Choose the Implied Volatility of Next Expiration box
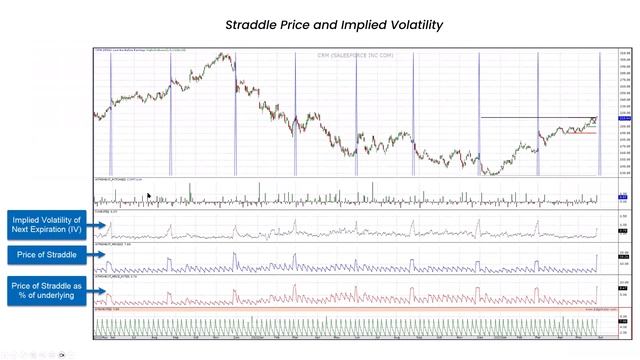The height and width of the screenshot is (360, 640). pyautogui.click(x=47, y=224)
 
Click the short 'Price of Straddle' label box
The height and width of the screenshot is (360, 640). pyautogui.click(x=47, y=255)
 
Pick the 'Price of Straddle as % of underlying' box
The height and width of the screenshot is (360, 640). pyautogui.click(x=47, y=291)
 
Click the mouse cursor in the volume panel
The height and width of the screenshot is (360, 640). pyautogui.click(x=149, y=198)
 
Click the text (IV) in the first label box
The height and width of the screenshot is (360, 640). pyautogui.click(x=76, y=230)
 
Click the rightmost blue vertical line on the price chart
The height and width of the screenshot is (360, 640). pyautogui.click(x=599, y=110)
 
